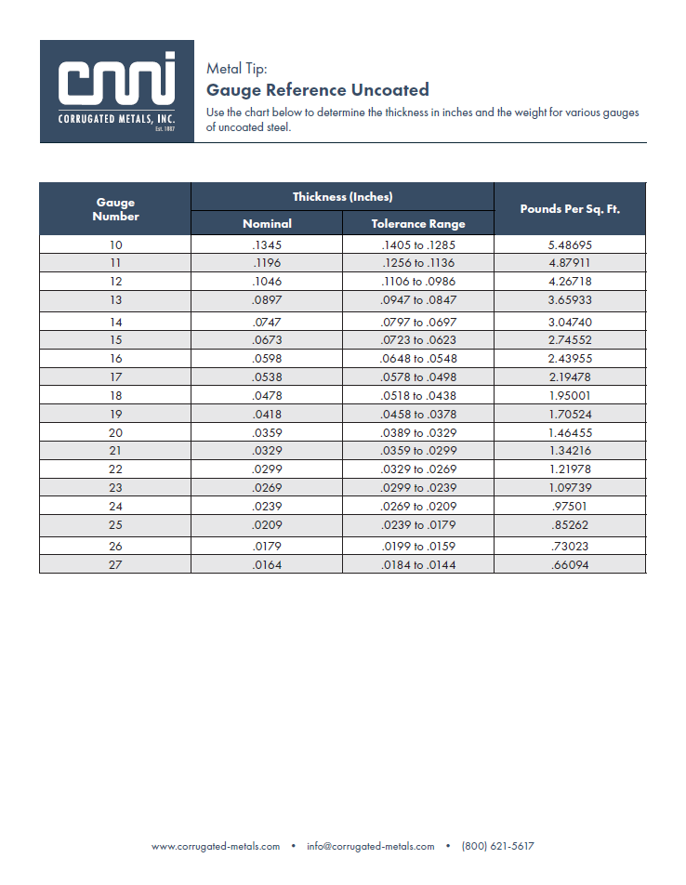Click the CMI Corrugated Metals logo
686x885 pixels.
(116, 91)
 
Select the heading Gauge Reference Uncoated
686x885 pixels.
(317, 90)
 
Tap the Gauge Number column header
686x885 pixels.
(115, 209)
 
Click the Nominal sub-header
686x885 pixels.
(267, 223)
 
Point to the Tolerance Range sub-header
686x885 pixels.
(418, 223)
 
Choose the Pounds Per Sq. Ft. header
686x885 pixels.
(570, 209)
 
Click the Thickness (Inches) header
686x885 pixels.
(342, 196)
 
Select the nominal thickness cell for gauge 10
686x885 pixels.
(267, 245)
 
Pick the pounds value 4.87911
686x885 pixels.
(570, 263)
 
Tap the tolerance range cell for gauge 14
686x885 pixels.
(418, 322)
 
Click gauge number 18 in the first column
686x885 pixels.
(115, 395)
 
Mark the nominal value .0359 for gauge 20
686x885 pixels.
(267, 432)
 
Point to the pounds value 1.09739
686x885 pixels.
(570, 488)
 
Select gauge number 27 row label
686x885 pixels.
(115, 564)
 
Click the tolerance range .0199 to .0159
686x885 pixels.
(418, 546)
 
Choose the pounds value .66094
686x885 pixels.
(570, 564)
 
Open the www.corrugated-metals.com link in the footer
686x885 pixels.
(216, 846)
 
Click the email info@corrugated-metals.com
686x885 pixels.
(369, 846)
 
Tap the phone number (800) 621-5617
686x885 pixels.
(497, 846)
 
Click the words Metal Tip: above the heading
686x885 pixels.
(236, 68)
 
